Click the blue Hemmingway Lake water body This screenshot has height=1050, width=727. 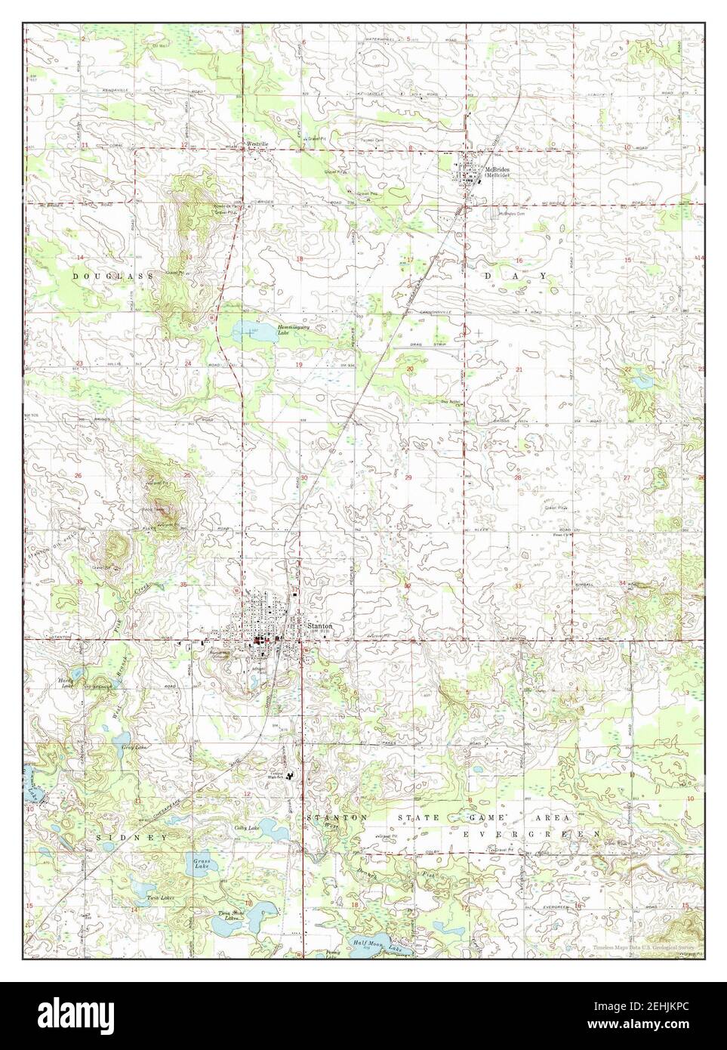click(x=246, y=330)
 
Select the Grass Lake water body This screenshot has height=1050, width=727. click(x=199, y=863)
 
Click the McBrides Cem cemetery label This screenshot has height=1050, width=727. click(x=513, y=212)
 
